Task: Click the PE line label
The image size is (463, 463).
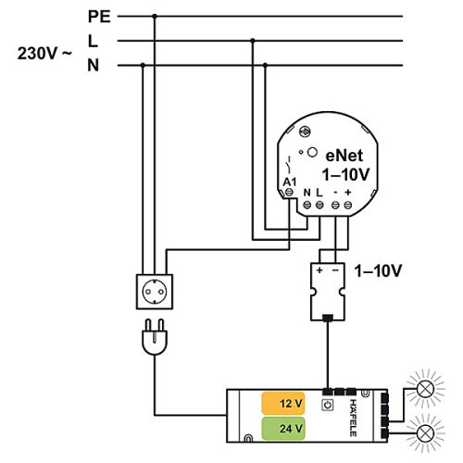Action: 99,16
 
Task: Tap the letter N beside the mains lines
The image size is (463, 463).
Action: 93,65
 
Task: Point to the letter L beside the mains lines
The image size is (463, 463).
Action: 93,41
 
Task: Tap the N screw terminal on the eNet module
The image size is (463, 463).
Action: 307,204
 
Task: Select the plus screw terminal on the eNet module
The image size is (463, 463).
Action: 348,204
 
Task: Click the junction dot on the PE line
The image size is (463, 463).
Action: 154,16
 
